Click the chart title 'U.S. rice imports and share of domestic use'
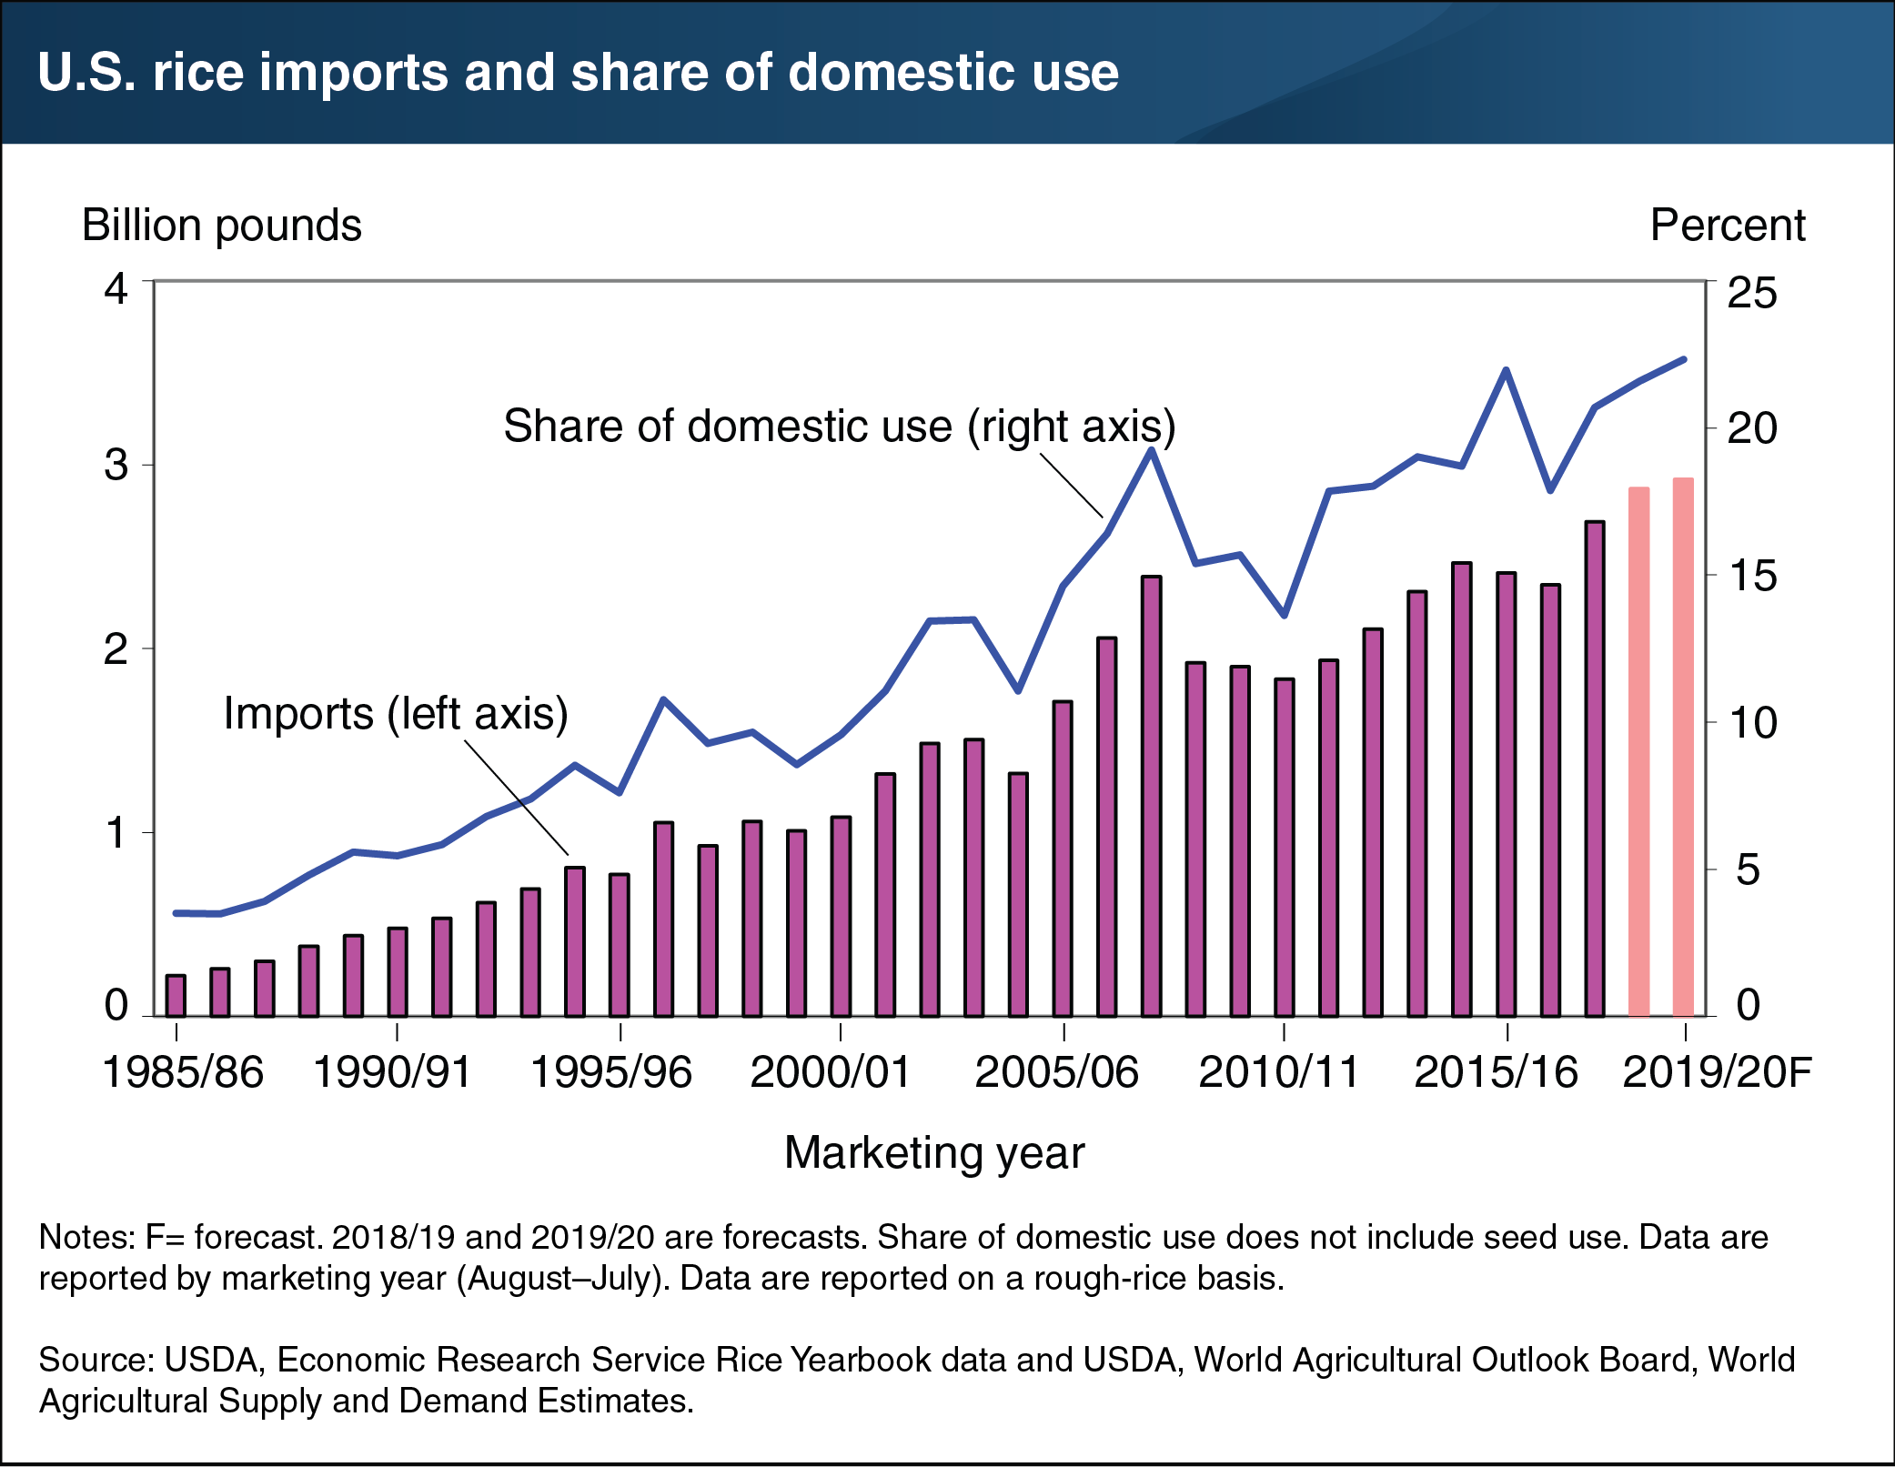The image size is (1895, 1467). point(578,73)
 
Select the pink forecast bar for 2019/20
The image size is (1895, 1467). point(1683,746)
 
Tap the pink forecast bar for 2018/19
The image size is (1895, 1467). point(1638,750)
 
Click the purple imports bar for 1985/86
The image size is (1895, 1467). point(176,995)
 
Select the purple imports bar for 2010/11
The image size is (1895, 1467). point(1284,847)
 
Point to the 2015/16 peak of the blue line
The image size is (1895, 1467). point(1506,370)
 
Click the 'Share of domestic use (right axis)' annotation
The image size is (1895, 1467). point(839,426)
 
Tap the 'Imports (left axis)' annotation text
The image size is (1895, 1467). point(396,713)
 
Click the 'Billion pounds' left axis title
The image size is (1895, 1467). point(221,225)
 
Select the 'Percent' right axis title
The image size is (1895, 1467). point(1727,225)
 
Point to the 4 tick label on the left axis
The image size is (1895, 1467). point(116,289)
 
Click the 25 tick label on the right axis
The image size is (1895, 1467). point(1751,293)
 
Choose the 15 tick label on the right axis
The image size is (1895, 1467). point(1751,576)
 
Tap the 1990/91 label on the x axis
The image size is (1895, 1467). point(392,1071)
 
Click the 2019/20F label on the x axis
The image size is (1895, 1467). point(1717,1071)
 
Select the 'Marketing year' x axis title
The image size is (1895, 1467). point(934,1152)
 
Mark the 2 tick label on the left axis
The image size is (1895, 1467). point(116,649)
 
